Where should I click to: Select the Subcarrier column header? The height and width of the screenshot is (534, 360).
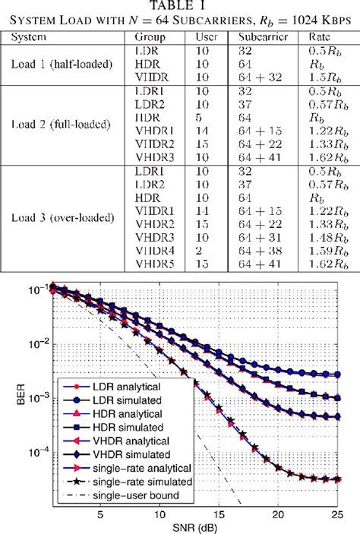[263, 36]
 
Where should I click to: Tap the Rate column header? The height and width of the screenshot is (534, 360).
[321, 36]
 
